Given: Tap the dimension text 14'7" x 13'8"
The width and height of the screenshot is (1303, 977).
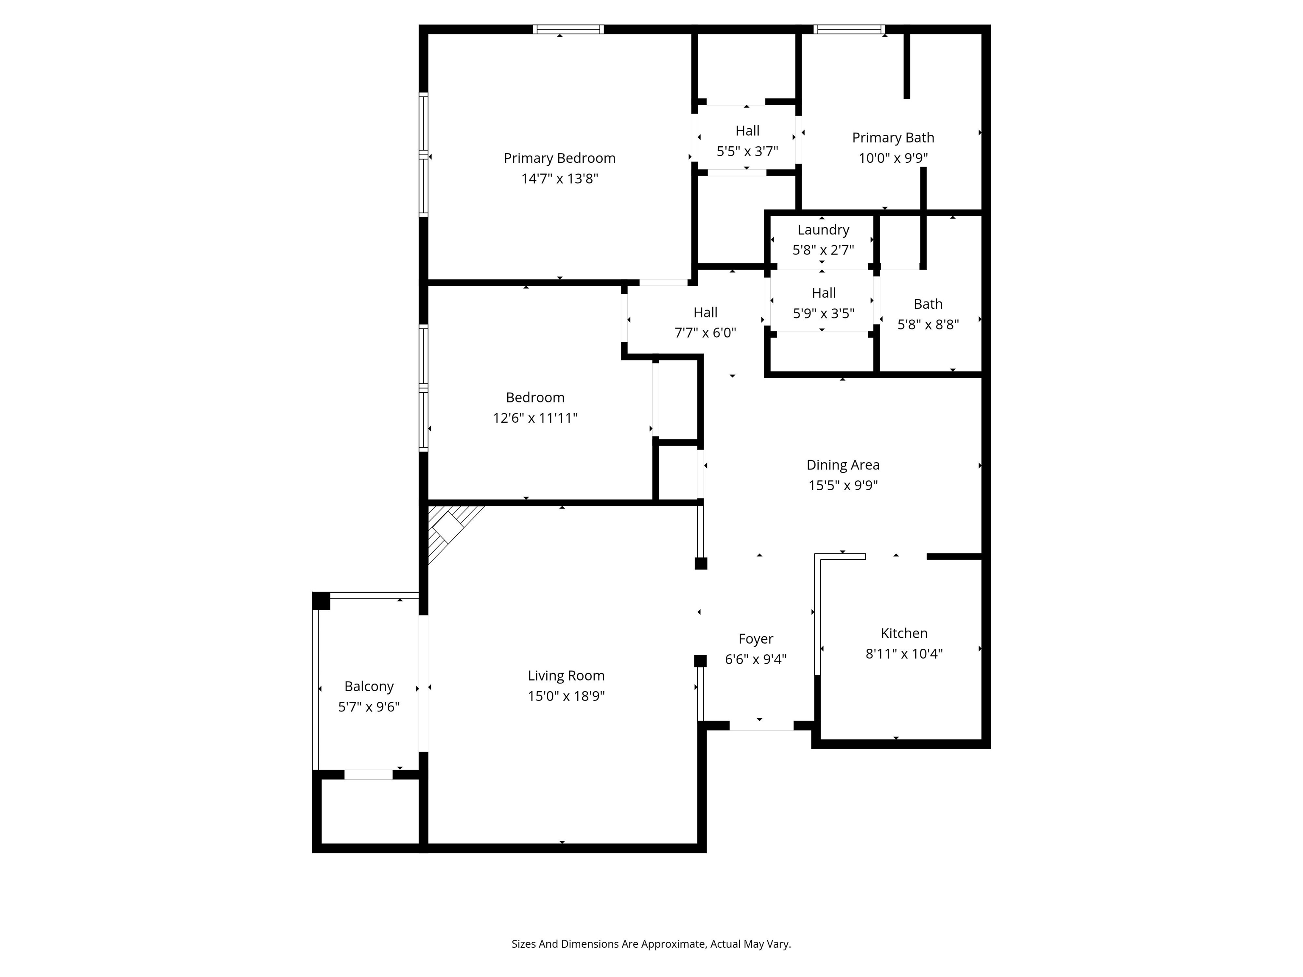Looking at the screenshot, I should click(559, 179).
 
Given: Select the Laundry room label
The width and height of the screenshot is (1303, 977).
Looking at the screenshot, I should click(823, 230).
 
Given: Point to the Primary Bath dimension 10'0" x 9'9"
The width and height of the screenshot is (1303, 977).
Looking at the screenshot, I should click(892, 158).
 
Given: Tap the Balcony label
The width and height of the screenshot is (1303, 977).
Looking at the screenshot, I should click(369, 686).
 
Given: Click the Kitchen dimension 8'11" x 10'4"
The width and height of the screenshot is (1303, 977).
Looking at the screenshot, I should click(903, 654).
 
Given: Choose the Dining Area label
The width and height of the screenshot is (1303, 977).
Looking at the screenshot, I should click(842, 465).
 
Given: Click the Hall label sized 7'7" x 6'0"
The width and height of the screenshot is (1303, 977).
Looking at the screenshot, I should click(705, 312).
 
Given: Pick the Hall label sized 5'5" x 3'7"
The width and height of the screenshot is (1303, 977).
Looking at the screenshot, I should click(747, 131).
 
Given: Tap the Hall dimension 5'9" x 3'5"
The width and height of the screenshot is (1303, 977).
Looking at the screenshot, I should click(823, 313).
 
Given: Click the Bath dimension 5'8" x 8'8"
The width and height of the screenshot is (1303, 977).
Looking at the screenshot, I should click(928, 324).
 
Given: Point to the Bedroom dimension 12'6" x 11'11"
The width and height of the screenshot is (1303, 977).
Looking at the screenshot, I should click(535, 418).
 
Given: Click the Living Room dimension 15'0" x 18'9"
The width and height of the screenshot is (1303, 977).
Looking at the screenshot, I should click(565, 696).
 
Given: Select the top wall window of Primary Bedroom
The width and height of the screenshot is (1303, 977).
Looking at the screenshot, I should click(568, 29).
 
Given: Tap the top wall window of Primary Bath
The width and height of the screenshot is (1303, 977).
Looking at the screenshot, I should click(848, 29).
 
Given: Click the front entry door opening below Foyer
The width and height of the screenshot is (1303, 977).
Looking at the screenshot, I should click(761, 726).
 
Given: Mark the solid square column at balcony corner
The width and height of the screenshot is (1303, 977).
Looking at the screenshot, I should click(321, 601).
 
